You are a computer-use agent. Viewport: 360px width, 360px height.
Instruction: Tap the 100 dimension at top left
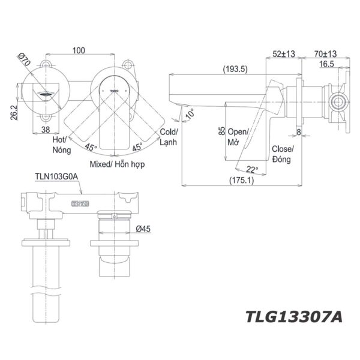78,51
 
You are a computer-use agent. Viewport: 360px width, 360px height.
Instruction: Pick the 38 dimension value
45,128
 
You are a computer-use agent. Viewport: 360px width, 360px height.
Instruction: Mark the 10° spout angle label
190,113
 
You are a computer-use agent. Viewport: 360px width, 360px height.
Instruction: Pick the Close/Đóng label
282,154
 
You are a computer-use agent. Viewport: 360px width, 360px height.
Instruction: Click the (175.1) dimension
241,179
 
